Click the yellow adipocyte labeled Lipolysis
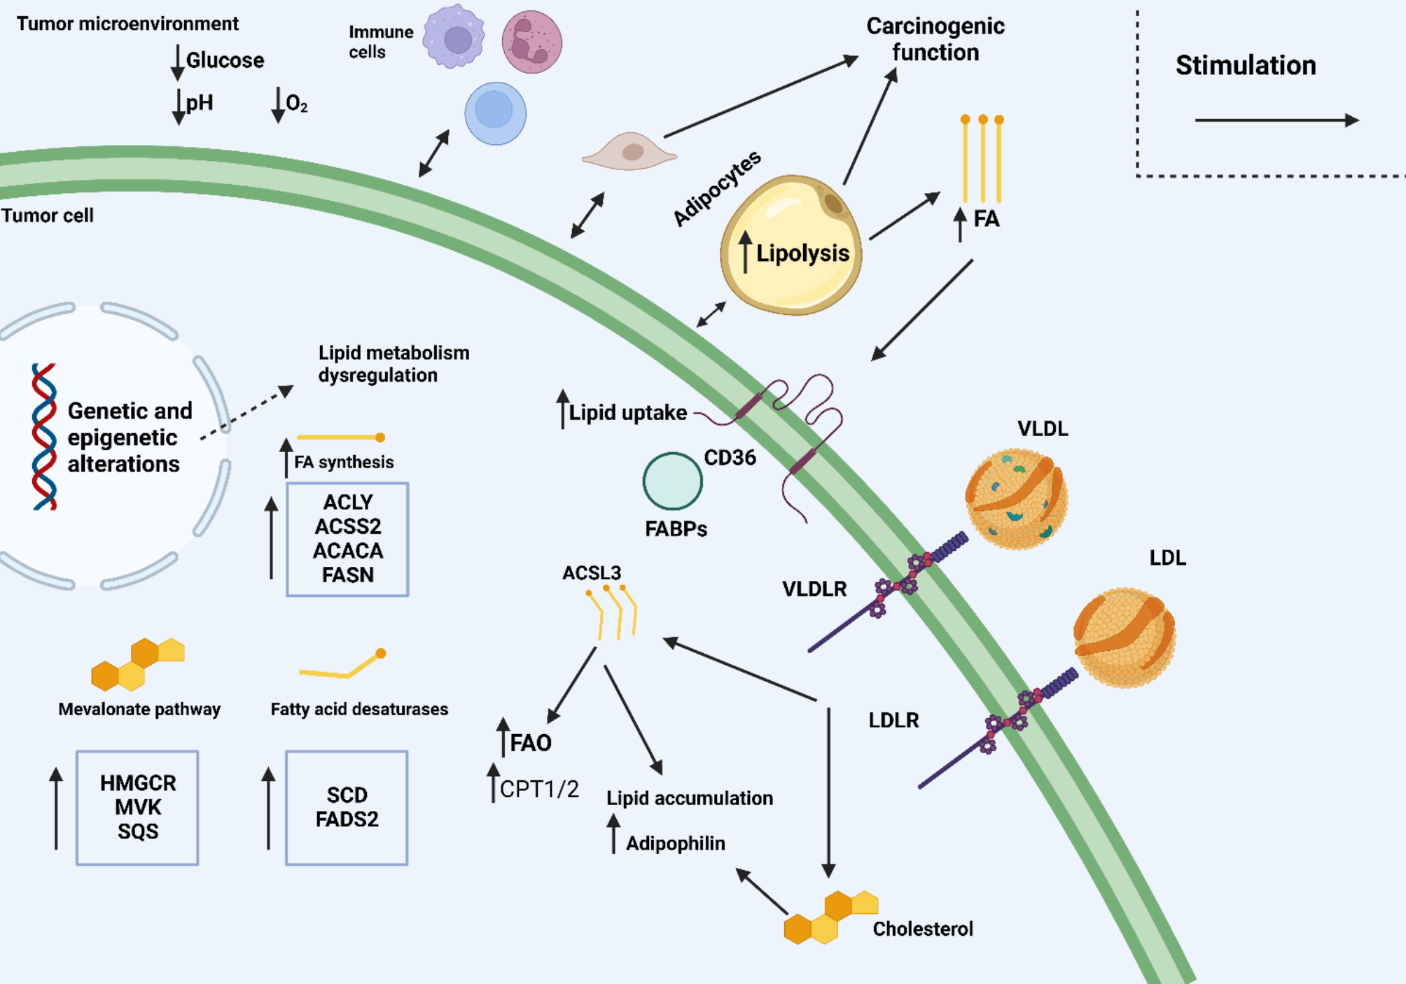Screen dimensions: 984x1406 (791, 245)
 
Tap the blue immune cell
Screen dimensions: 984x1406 (495, 113)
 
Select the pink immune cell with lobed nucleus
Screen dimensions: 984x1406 (531, 42)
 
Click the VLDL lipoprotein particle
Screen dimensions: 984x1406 (1016, 498)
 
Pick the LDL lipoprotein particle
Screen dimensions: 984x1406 (1124, 637)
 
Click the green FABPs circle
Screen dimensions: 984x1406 (672, 481)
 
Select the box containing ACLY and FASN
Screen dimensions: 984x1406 (347, 539)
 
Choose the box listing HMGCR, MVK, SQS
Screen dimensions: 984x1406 (137, 808)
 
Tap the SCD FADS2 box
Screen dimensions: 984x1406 (347, 808)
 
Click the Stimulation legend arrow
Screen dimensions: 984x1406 (1276, 120)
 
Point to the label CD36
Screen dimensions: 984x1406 (730, 458)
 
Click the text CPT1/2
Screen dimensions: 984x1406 (539, 789)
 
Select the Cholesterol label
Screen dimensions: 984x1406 (922, 929)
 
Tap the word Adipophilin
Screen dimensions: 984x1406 (675, 843)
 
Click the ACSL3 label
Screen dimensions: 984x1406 (592, 573)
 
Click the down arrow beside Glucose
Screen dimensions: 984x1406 (178, 62)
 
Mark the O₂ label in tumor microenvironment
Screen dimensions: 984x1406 (296, 104)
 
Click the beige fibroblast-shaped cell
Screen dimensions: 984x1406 (629, 151)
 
